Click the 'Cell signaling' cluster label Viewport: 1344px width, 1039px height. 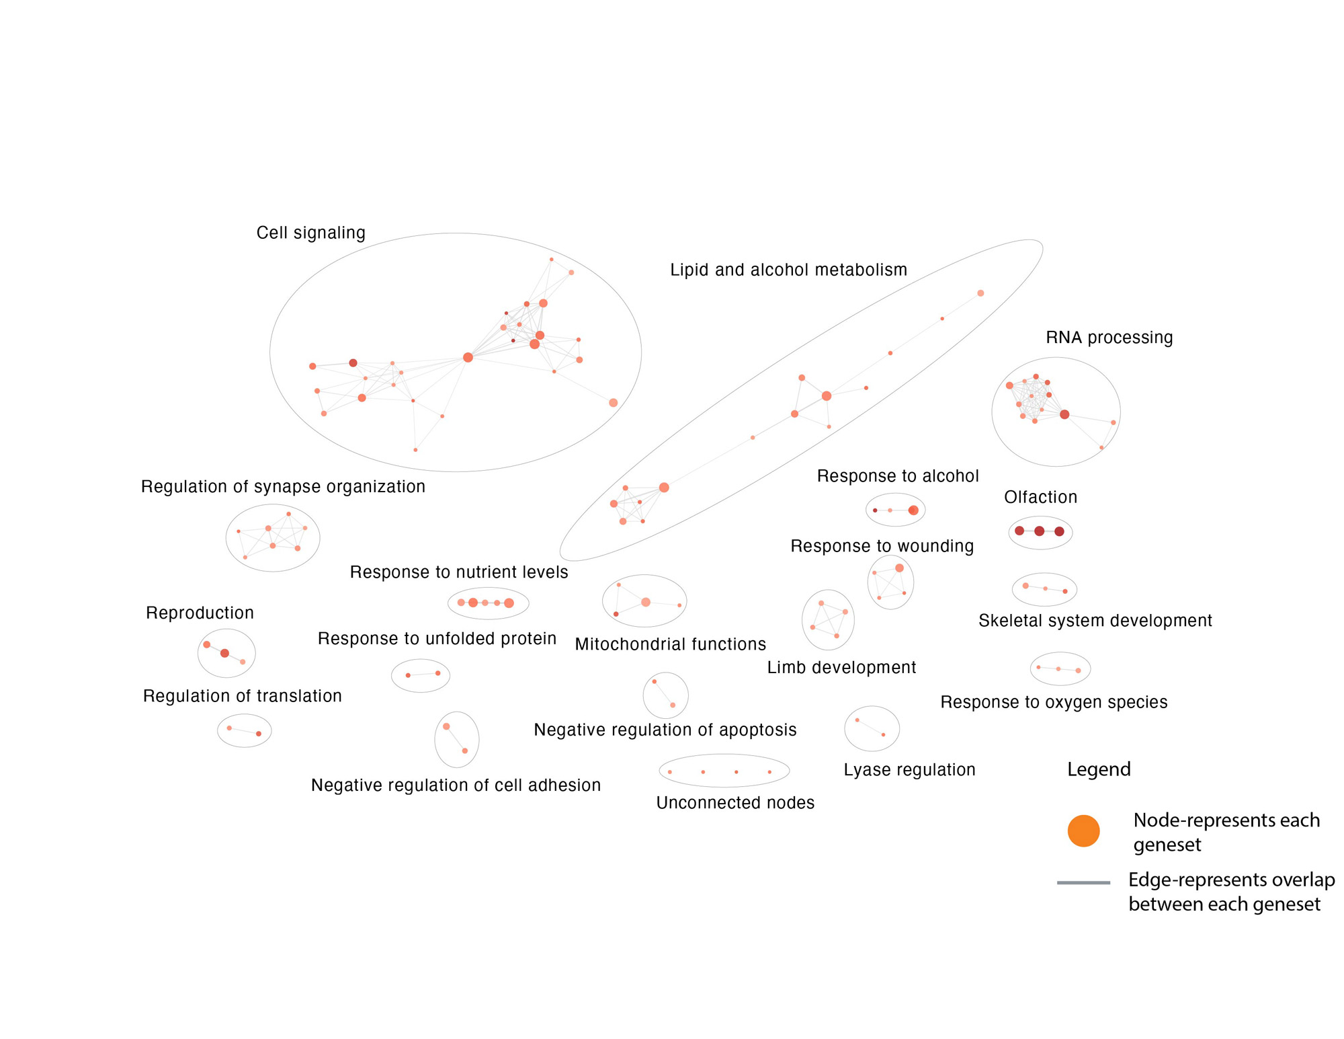[310, 233]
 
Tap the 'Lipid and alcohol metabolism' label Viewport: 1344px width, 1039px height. [788, 270]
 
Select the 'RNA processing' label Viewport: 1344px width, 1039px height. [1109, 338]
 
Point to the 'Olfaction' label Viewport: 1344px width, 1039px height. [1040, 497]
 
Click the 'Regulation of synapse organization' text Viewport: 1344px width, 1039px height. [283, 486]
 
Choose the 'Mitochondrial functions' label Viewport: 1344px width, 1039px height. [670, 644]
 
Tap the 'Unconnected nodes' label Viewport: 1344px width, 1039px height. [735, 802]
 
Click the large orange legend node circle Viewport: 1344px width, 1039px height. [1083, 831]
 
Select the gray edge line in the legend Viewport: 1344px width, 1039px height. [1083, 882]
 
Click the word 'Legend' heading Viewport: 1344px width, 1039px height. [1099, 769]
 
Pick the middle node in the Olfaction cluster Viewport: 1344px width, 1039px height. [1039, 531]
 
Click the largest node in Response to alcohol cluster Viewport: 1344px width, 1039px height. [913, 510]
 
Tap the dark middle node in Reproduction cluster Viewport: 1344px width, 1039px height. [224, 653]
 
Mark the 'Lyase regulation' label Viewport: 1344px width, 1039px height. [909, 770]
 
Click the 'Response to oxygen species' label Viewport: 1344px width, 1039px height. [1054, 702]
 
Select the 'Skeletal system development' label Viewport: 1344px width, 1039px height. [1095, 621]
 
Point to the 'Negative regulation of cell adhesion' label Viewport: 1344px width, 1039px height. [456, 785]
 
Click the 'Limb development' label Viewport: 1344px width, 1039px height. [841, 668]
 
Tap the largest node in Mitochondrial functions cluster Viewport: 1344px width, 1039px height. [645, 602]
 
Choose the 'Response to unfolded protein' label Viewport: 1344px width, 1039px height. [437, 638]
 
